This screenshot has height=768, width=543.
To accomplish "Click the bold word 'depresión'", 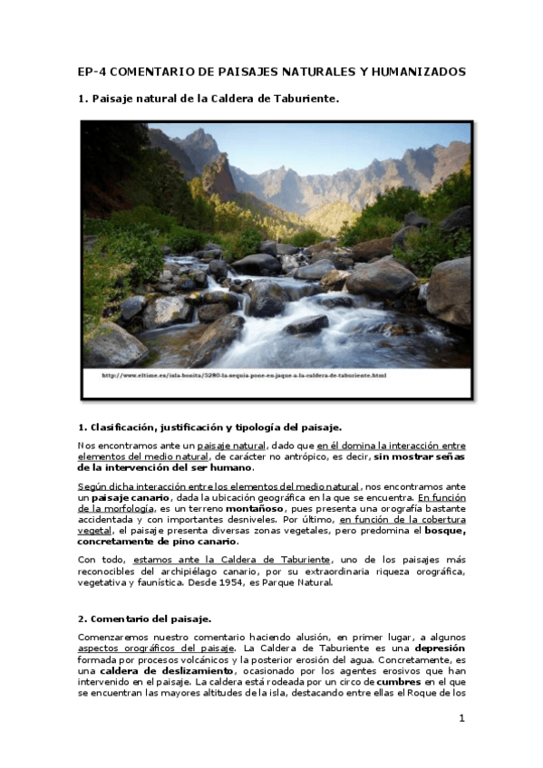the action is coord(439,648).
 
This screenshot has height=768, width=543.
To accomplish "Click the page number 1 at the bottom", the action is coord(461,719).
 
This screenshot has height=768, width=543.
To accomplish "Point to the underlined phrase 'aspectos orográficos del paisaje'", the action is coord(157,648).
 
